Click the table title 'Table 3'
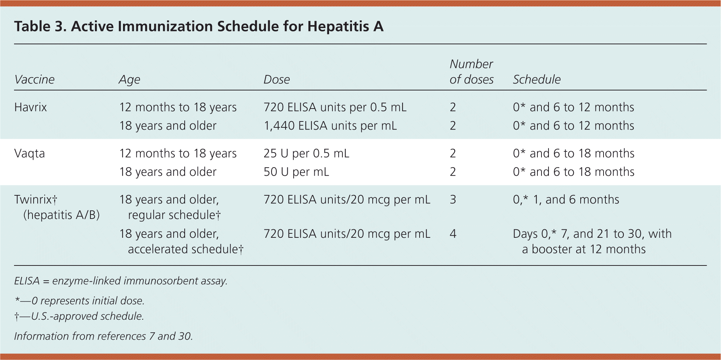tap(198, 26)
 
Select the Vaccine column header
tap(34, 79)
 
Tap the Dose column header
tap(276, 79)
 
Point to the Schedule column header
tap(536, 79)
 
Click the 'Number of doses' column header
tap(471, 72)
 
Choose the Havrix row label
tap(30, 107)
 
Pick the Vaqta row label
tap(29, 153)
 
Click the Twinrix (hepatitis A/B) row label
tap(57, 207)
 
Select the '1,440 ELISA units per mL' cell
tap(330, 126)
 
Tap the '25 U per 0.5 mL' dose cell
tap(306, 153)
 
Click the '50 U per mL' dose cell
tap(296, 172)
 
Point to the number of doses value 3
tap(453, 199)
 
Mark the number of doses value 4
tap(453, 234)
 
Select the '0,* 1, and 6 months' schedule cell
tap(566, 199)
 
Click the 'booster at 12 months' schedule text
tap(584, 249)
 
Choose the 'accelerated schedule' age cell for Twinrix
tap(181, 241)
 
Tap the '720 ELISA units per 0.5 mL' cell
tap(335, 107)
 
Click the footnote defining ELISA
tap(120, 281)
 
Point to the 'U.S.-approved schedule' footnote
tap(79, 316)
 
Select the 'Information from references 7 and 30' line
tap(103, 336)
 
